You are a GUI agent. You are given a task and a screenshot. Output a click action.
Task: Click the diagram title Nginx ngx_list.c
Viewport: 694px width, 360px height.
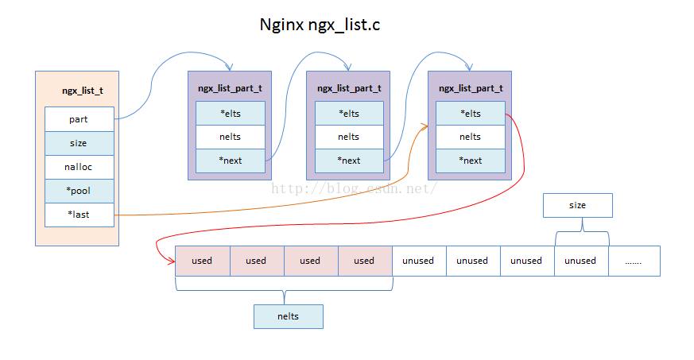(320, 25)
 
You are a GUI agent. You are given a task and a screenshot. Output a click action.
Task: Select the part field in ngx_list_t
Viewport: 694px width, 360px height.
(79, 119)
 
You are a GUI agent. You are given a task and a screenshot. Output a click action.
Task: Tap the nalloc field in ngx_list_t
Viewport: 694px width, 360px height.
(79, 167)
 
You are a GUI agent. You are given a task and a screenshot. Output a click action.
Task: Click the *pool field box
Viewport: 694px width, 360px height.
(79, 191)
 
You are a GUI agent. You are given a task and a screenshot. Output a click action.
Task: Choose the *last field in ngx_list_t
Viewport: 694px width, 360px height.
(79, 215)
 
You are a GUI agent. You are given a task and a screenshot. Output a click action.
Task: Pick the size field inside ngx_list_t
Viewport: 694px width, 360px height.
(79, 143)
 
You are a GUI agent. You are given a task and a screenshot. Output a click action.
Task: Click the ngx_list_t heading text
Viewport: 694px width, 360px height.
(83, 91)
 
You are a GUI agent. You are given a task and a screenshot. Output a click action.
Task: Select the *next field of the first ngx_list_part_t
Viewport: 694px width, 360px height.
(231, 161)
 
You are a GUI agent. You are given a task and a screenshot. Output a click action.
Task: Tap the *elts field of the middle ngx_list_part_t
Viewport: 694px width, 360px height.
(349, 113)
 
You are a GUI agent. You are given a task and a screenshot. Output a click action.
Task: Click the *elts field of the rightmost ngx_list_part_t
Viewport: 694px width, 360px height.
(471, 113)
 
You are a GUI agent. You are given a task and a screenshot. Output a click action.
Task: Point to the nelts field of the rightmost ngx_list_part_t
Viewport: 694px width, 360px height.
(471, 137)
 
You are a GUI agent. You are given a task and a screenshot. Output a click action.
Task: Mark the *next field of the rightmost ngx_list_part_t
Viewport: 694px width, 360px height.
(471, 161)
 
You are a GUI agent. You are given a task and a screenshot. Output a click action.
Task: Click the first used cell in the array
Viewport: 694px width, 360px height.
(203, 261)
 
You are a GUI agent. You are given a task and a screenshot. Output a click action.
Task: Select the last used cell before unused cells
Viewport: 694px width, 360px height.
(365, 261)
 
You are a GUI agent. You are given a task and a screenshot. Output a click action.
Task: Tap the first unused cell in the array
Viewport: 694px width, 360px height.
(419, 261)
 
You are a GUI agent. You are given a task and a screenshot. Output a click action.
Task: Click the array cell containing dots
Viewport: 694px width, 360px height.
(634, 261)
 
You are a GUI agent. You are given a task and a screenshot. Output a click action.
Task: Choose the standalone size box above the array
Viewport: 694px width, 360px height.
(578, 205)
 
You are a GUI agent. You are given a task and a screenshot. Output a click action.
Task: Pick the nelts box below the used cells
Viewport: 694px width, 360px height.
(288, 316)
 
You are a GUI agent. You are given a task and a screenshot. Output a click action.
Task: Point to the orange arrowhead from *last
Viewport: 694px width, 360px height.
(425, 127)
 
